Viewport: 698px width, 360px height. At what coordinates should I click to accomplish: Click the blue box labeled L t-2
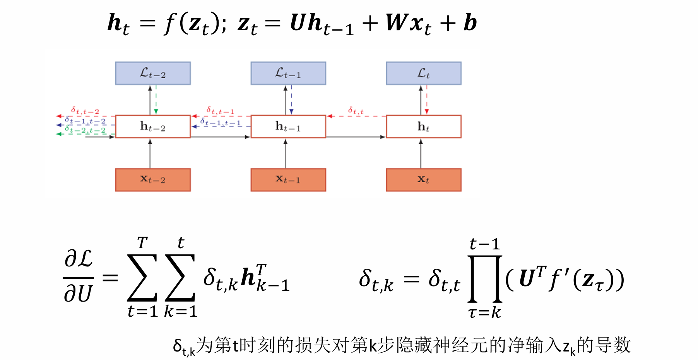153,73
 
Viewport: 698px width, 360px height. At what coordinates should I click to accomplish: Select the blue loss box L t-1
288,73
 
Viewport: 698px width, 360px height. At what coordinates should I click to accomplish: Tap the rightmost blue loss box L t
424,73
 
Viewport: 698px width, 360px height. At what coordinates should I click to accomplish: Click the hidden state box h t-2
153,126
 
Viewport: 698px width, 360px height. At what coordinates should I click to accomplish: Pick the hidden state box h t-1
288,126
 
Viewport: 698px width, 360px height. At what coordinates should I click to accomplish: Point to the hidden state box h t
424,126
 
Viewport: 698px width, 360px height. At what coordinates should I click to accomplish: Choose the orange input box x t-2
153,180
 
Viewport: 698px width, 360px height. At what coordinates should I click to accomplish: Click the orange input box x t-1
288,180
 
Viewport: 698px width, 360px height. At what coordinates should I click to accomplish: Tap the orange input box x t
424,180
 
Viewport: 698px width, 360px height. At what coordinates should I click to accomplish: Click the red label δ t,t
356,111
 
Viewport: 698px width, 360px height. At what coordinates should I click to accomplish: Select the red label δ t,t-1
220,111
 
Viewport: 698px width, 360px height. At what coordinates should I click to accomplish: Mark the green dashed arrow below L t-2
156,100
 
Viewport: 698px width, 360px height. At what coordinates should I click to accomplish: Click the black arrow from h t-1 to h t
356,137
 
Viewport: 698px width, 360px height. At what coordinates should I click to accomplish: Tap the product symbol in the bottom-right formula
485,278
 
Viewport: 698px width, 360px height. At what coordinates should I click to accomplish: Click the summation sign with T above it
142,278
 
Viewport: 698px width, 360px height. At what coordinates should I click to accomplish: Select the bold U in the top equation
298,23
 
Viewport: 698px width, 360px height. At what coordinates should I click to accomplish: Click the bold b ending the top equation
470,23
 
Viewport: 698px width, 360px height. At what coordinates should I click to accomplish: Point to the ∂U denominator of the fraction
78,294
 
